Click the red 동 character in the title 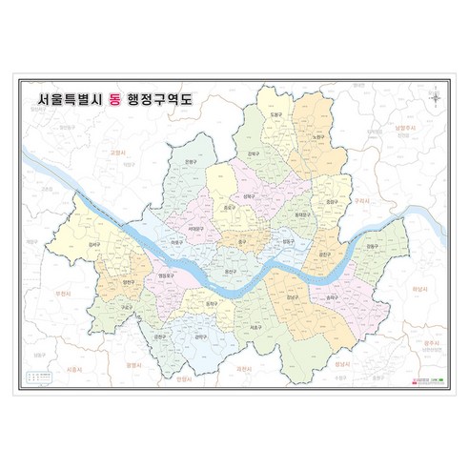(129, 98)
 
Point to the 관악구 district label (201, 336)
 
